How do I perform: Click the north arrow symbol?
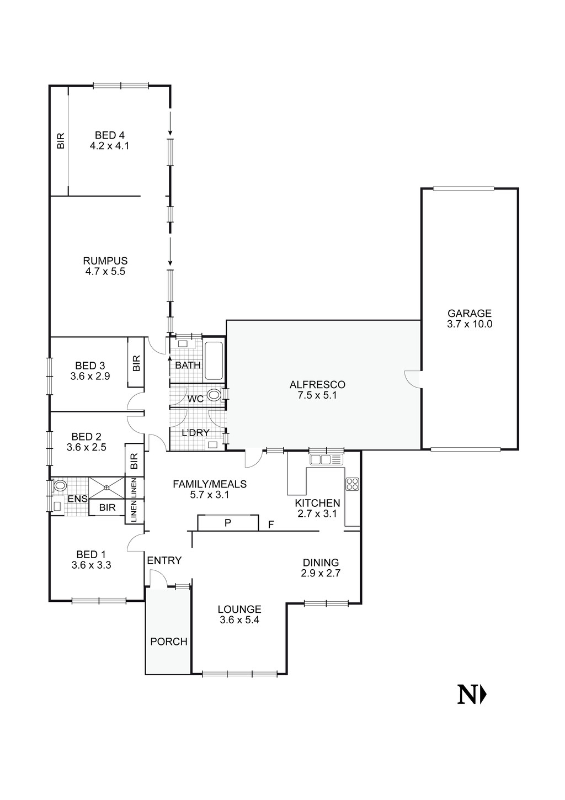[472, 695]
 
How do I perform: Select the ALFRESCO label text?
[317, 384]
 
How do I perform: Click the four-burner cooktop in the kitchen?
[352, 484]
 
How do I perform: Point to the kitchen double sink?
[326, 459]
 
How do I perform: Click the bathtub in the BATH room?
[214, 361]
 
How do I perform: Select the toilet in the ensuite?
[59, 486]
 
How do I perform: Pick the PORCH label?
[169, 642]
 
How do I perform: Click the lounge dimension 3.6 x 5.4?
[239, 620]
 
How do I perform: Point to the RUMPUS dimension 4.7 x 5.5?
[105, 272]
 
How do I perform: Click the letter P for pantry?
[227, 523]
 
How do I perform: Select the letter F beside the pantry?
[271, 524]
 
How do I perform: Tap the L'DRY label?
[196, 432]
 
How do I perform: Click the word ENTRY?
[164, 560]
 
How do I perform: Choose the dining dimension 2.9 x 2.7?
[321, 573]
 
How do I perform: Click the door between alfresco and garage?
[412, 379]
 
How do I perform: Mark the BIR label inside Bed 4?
[61, 141]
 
